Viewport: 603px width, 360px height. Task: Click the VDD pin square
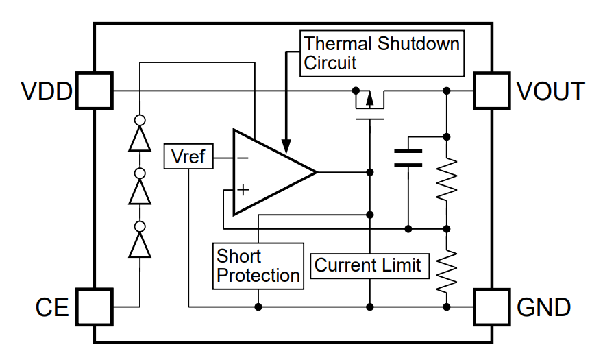coord(93,91)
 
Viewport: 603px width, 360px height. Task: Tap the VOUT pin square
coord(493,91)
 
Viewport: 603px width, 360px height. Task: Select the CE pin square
coord(93,307)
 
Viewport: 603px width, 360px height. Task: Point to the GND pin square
coord(493,307)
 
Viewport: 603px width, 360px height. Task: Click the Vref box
coord(188,157)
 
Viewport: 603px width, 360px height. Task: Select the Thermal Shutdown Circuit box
coord(382,53)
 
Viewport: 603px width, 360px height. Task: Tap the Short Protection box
coord(258,266)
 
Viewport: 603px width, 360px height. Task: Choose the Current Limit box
coord(367,265)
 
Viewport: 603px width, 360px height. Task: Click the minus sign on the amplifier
coord(243,158)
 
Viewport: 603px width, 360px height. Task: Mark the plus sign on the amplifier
coord(243,189)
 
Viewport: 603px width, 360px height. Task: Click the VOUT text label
coord(550,91)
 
